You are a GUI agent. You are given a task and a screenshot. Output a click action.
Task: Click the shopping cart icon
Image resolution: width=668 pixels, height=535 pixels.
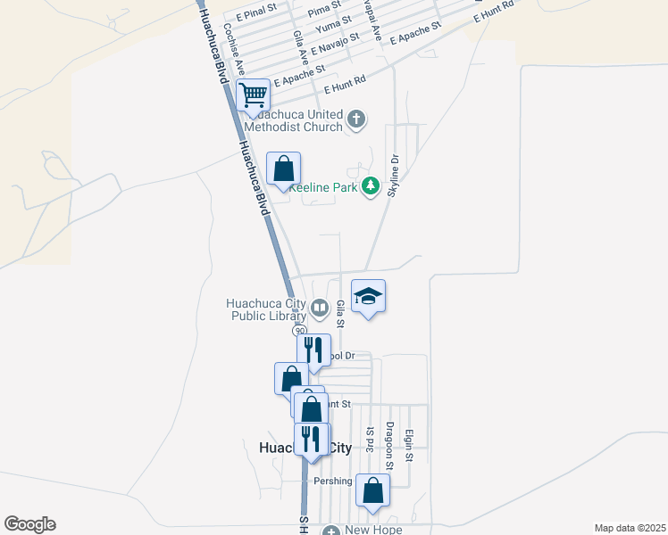coord(254,94)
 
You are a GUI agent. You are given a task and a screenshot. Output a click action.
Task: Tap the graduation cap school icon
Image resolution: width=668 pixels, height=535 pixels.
coord(368,297)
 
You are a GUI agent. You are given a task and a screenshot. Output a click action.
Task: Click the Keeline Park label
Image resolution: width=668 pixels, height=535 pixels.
coord(322,187)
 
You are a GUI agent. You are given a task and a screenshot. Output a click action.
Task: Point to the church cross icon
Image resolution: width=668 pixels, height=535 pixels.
coord(356,119)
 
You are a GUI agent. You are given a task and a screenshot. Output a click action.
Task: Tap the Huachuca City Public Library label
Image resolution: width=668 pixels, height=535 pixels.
coord(266,309)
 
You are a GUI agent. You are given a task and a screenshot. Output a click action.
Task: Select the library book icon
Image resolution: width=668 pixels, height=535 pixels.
coord(319,309)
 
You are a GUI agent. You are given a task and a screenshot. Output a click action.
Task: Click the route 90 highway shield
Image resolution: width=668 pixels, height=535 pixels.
coord(301,330)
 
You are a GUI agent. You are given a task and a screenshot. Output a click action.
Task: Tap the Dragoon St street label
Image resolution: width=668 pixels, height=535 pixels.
coord(389,446)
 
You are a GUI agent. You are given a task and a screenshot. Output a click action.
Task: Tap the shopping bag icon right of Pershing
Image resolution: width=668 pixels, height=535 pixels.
coord(372,490)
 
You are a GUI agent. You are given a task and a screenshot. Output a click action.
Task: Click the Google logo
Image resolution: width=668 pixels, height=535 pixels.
coord(29,524)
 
